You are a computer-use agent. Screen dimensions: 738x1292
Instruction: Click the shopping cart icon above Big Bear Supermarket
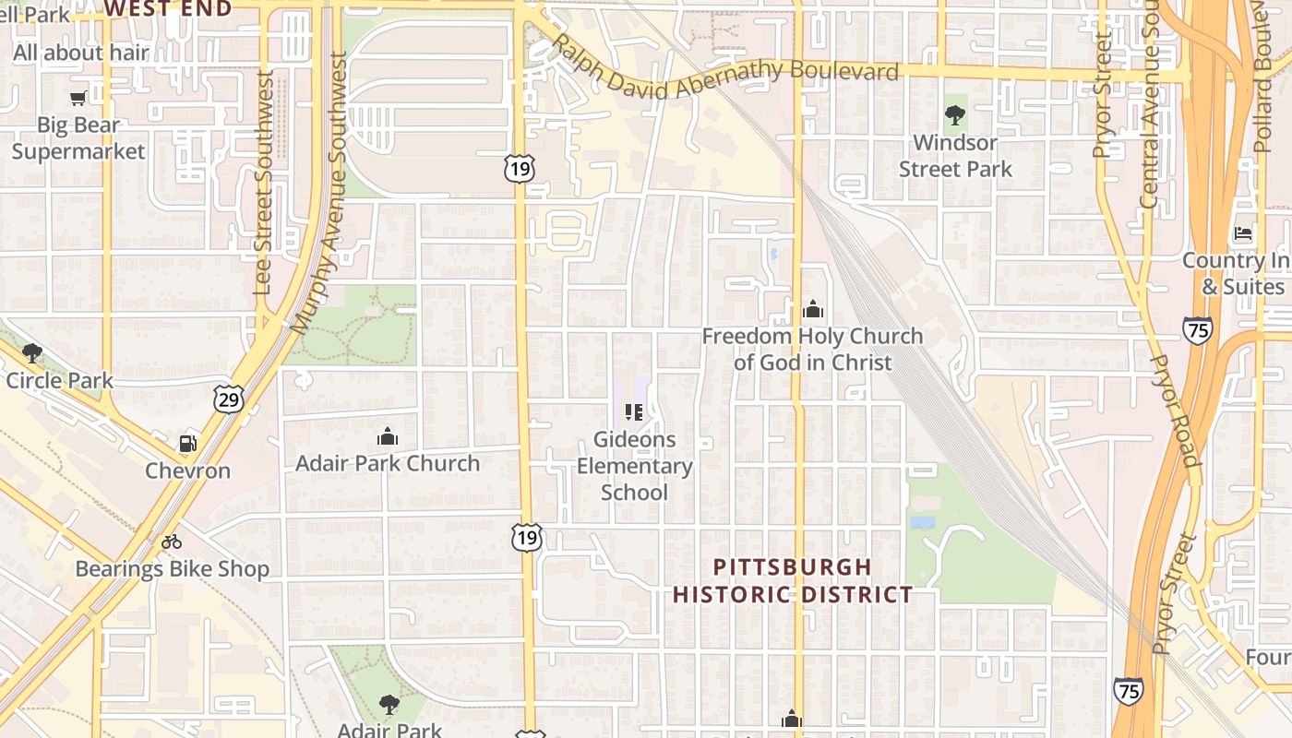click(x=78, y=98)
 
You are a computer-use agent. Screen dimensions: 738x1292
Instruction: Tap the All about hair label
click(x=81, y=53)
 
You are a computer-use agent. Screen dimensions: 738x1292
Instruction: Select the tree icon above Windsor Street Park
click(x=955, y=115)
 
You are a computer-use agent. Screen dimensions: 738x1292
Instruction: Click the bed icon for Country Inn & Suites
click(x=1244, y=233)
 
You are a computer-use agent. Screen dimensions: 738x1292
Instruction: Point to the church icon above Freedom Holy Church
click(x=812, y=309)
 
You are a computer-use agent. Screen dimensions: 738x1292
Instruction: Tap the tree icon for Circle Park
click(x=32, y=352)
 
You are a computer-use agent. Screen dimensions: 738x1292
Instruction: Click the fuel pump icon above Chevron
click(x=187, y=444)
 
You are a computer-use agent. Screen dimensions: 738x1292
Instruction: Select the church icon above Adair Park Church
click(x=388, y=435)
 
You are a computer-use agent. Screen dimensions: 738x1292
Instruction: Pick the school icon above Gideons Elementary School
click(x=634, y=412)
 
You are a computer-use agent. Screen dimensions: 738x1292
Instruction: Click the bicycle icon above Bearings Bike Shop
click(x=172, y=542)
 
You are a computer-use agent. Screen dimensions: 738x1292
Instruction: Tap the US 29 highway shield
click(x=228, y=399)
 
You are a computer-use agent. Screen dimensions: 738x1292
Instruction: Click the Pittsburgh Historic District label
click(x=793, y=580)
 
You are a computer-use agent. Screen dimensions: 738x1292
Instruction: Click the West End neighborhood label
click(x=167, y=8)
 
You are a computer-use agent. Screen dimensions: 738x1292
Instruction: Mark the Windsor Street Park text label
click(x=955, y=156)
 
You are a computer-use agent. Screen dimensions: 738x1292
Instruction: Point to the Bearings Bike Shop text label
click(x=173, y=569)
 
